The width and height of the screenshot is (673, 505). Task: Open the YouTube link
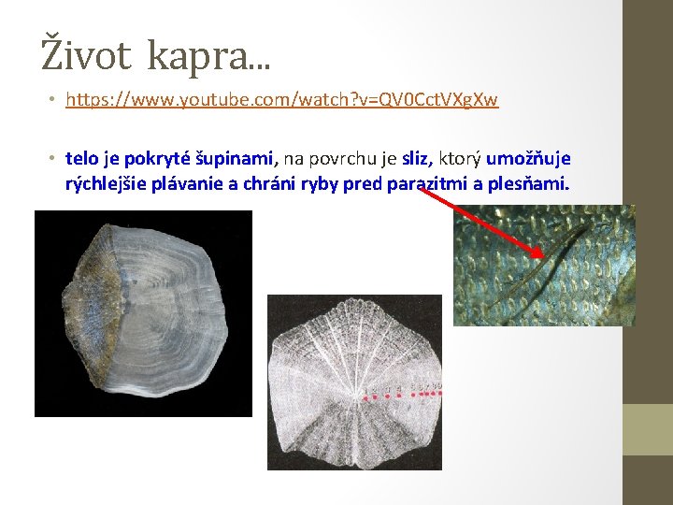pos(281,99)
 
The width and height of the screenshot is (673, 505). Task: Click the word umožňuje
pos(528,159)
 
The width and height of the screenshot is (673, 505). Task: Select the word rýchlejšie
pos(108,183)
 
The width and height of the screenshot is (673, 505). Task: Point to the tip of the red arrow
pos(542,256)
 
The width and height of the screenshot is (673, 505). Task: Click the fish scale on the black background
pos(143,313)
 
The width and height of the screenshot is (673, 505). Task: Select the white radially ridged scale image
pos(354,382)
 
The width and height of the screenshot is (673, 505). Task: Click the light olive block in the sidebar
pos(648,429)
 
